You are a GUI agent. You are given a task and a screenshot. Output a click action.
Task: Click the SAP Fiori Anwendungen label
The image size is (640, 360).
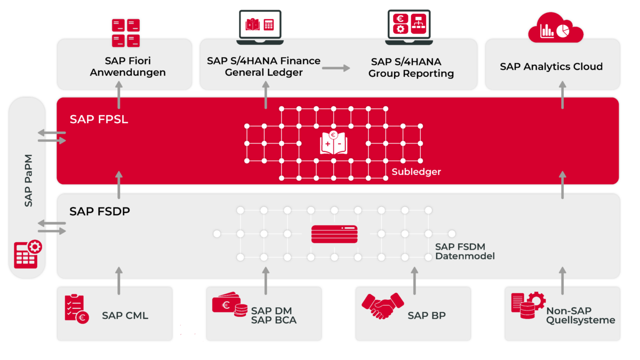coord(127,67)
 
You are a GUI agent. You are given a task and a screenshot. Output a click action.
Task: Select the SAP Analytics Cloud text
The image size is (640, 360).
coord(551,67)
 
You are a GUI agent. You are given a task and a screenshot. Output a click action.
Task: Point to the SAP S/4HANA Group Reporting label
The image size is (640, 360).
coord(411,68)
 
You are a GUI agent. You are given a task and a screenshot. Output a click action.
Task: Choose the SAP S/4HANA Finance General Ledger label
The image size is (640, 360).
coord(263,67)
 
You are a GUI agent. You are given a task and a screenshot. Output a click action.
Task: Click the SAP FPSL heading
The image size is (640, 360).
coord(99,119)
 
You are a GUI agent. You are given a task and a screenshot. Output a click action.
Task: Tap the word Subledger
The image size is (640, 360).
coord(416,172)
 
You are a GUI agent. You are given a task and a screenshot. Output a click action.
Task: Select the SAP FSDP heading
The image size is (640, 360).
coord(100,212)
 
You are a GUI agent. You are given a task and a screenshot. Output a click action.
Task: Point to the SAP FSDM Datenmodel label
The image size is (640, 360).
coord(465,251)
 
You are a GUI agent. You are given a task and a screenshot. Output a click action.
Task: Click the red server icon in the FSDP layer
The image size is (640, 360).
coord(334,234)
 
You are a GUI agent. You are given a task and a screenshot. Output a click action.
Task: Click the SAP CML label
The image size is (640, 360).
coord(125,316)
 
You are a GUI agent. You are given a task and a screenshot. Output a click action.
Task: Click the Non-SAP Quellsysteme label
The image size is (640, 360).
coord(580,316)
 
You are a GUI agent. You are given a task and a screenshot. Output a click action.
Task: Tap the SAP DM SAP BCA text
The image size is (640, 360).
coord(274,316)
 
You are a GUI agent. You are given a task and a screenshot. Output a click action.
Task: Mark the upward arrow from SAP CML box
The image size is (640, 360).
coord(118,281)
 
